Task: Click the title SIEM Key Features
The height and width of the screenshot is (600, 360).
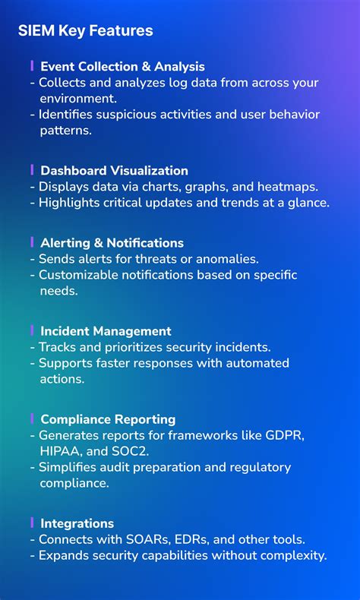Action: click(85, 31)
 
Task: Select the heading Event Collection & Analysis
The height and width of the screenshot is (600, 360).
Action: click(122, 67)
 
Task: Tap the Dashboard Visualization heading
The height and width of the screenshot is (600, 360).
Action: click(114, 171)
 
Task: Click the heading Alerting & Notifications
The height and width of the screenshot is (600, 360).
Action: click(112, 243)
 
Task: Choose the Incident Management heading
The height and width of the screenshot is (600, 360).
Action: click(106, 331)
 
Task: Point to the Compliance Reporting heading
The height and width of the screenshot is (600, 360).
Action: click(108, 419)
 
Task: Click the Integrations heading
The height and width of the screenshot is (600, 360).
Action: click(77, 523)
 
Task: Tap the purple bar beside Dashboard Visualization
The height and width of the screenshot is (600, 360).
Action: click(32, 169)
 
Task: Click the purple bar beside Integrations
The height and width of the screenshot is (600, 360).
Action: click(32, 522)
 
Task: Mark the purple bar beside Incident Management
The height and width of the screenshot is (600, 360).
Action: click(32, 330)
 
